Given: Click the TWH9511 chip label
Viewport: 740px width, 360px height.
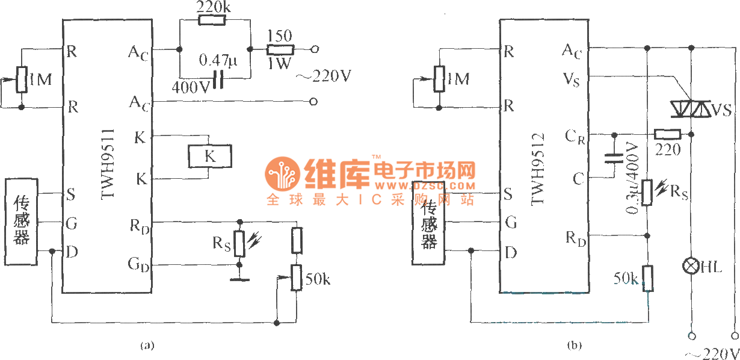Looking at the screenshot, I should pyautogui.click(x=109, y=163).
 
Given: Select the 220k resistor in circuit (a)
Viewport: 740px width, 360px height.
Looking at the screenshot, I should pyautogui.click(x=212, y=20).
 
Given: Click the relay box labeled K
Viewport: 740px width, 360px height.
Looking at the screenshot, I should pyautogui.click(x=209, y=157).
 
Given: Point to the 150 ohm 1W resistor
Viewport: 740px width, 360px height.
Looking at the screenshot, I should pyautogui.click(x=280, y=49).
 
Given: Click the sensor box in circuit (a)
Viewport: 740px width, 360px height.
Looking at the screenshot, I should pyautogui.click(x=21, y=222).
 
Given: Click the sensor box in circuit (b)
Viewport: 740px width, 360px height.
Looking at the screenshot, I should pyautogui.click(x=428, y=222).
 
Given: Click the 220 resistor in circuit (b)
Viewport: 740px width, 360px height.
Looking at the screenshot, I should pyautogui.click(x=667, y=134).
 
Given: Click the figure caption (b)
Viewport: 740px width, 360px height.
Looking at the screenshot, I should pyautogui.click(x=574, y=346).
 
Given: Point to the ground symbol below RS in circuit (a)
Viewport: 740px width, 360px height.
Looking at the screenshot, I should pyautogui.click(x=239, y=279).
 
